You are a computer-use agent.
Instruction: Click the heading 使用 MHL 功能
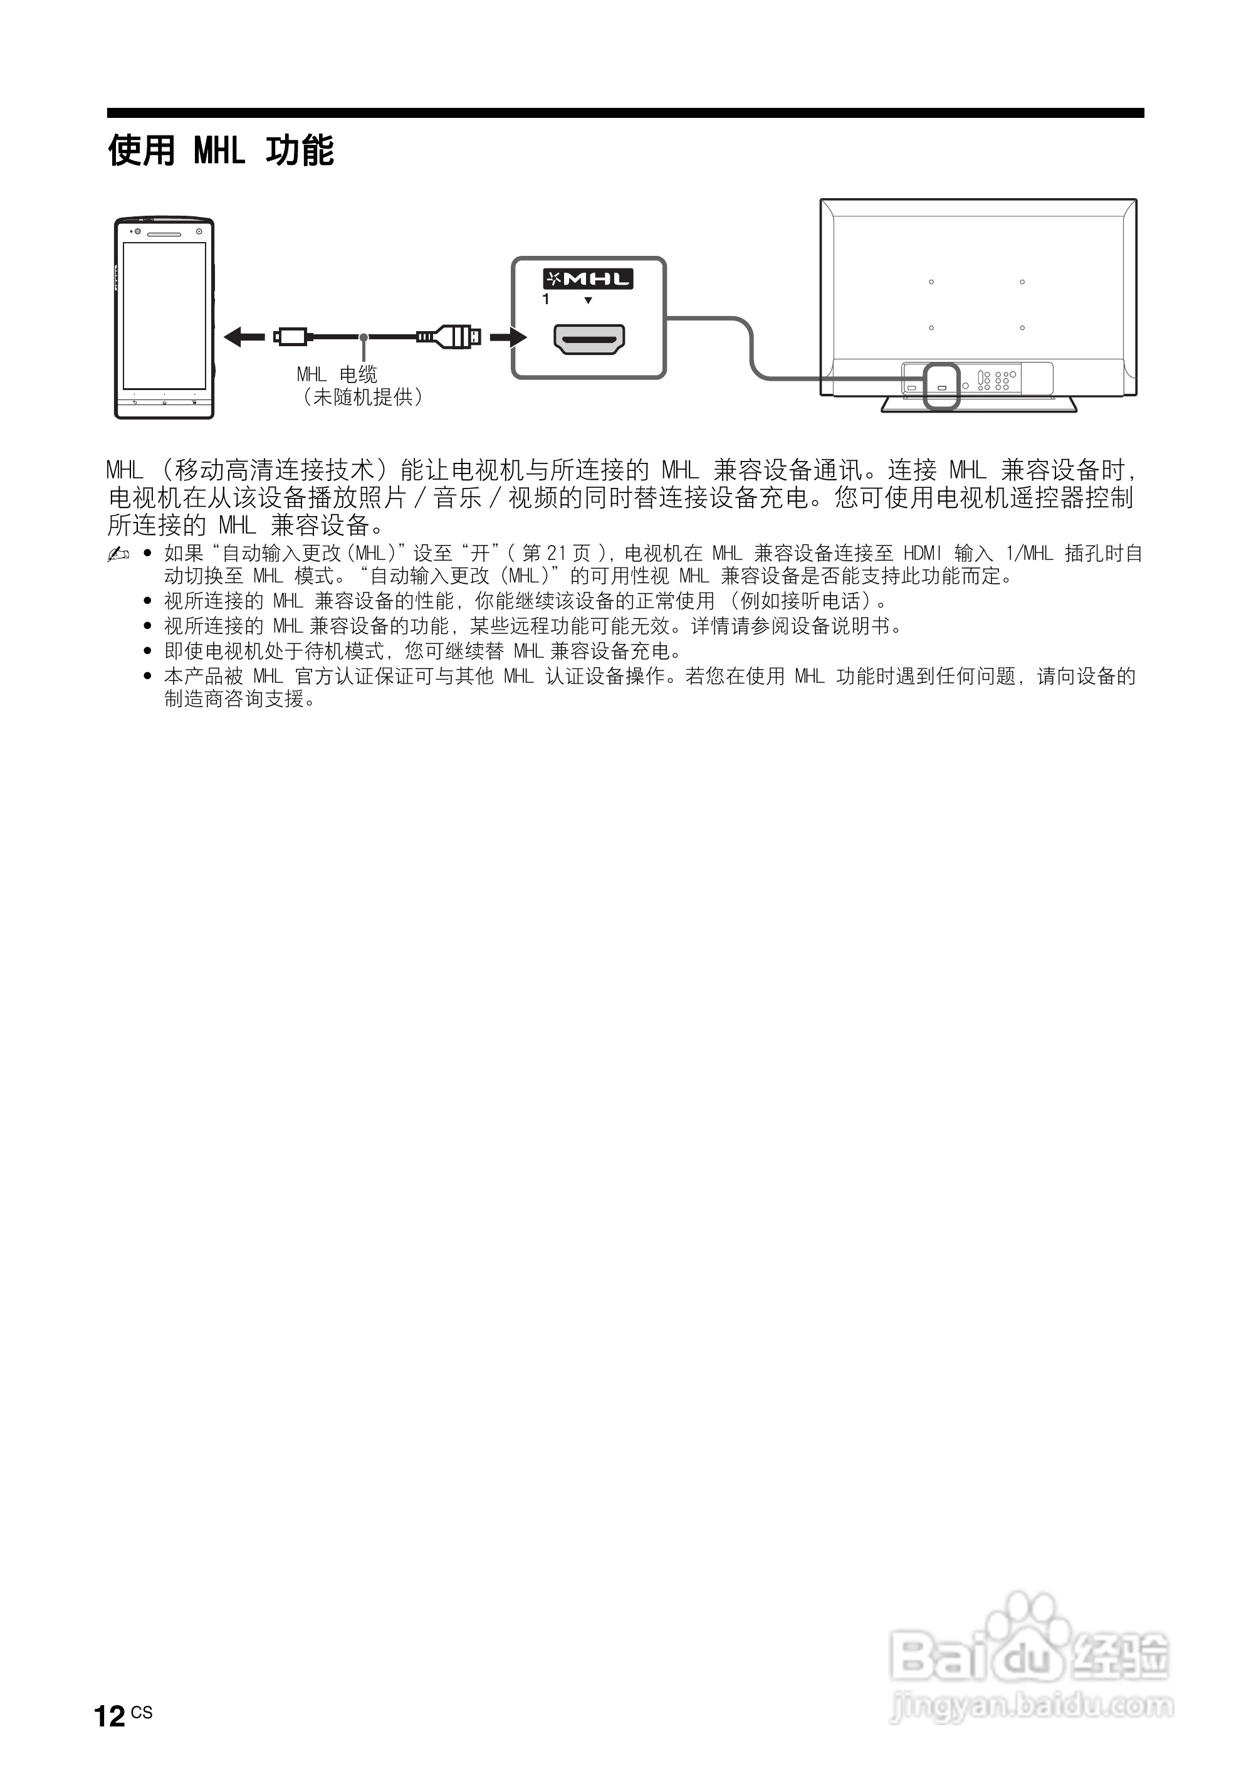[221, 150]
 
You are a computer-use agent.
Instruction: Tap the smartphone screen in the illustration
[165, 315]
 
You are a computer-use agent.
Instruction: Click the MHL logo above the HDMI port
[588, 278]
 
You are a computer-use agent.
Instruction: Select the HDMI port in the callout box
[589, 339]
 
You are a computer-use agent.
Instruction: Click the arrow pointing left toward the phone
[243, 337]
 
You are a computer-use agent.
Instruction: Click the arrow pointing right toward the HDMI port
[508, 337]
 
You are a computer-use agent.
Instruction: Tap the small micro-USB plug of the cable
[291, 337]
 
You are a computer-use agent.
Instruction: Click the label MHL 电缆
[337, 374]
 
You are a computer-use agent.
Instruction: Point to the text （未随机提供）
[362, 398]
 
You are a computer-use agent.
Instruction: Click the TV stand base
[979, 404]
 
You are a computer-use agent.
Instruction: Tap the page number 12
[109, 1716]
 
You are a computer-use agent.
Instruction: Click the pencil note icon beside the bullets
[118, 554]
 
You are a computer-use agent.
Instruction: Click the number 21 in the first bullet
[557, 554]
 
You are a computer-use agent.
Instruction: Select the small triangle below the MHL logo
[589, 300]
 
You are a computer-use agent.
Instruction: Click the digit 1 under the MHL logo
[546, 299]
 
